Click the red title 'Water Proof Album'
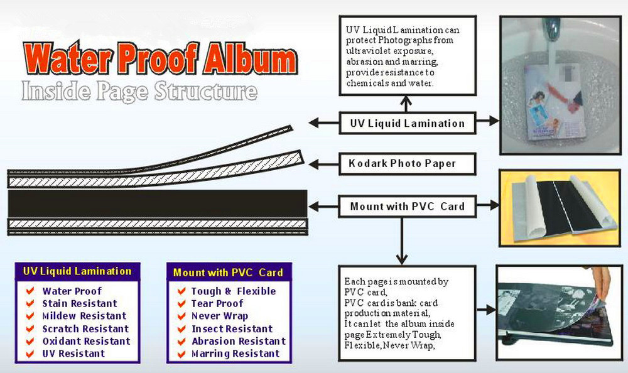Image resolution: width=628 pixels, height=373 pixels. [x=160, y=58]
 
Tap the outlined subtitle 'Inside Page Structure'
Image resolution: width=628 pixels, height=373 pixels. [x=139, y=91]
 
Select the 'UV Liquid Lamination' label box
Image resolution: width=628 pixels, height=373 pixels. [x=408, y=123]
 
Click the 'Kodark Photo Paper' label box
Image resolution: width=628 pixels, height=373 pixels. [x=408, y=163]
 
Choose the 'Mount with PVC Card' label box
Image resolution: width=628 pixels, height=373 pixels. [x=408, y=207]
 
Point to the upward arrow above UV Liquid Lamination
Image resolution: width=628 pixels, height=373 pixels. [x=406, y=104]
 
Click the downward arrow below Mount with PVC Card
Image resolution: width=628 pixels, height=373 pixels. [x=402, y=241]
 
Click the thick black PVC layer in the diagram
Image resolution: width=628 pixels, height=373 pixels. [x=158, y=203]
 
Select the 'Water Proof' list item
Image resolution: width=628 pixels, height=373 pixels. [x=72, y=291]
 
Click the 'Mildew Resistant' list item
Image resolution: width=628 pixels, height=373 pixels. [x=84, y=316]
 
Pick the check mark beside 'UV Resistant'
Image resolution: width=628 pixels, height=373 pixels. [x=30, y=354]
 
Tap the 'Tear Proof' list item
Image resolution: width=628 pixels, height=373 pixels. [x=217, y=303]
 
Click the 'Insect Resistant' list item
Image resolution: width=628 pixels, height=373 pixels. [x=232, y=328]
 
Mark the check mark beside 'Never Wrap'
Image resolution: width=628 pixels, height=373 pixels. [x=181, y=316]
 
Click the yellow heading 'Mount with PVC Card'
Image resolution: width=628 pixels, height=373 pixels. [x=229, y=273]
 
